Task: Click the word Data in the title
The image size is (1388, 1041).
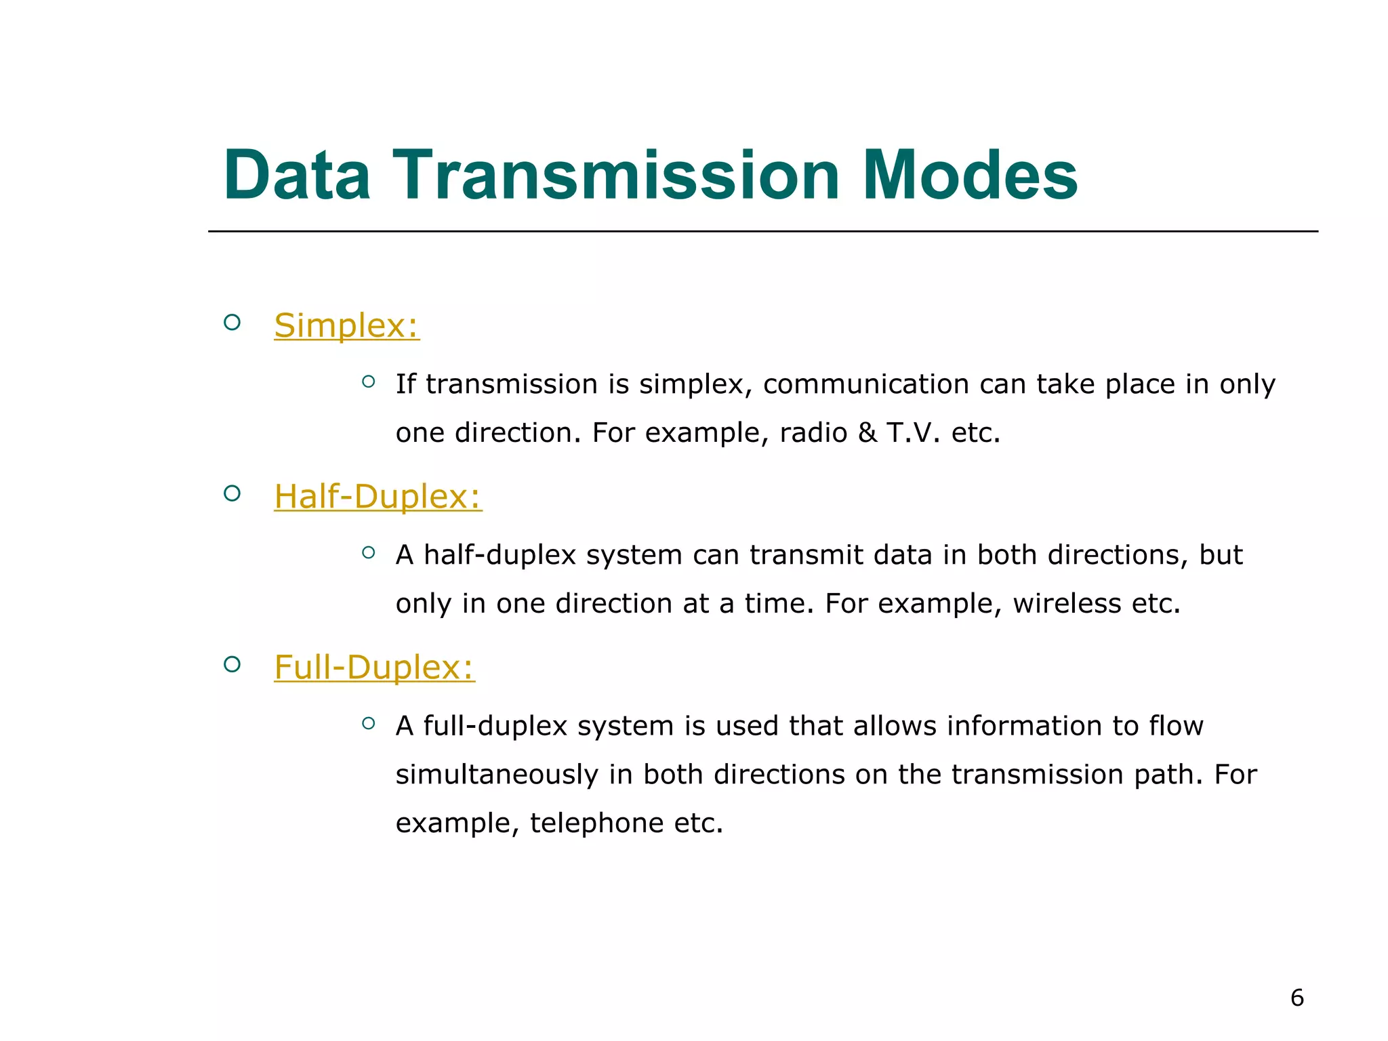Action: [297, 176]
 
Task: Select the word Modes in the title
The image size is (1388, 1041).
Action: [969, 176]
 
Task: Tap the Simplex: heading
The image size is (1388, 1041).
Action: [346, 326]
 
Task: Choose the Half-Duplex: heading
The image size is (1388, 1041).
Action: [377, 497]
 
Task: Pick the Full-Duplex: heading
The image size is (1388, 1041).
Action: [374, 668]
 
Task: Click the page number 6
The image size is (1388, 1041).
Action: [1297, 998]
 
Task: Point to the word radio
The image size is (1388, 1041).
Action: [813, 433]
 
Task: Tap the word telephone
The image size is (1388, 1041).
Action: [596, 823]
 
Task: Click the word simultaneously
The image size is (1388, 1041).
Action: [497, 775]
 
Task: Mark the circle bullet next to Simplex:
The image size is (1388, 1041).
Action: [232, 323]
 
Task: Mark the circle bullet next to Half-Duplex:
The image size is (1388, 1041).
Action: [232, 493]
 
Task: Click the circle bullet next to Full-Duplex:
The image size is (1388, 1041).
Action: [232, 664]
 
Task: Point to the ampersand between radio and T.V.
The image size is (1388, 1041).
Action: [867, 433]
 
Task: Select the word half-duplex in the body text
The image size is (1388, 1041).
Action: [499, 555]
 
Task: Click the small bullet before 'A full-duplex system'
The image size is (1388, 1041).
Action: [368, 723]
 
